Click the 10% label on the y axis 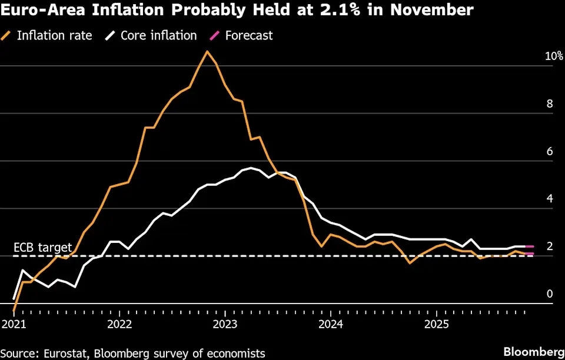click(x=554, y=56)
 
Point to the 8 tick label click(x=550, y=104)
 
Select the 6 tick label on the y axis click(x=550, y=151)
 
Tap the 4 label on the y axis click(x=550, y=199)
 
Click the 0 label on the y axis click(x=550, y=294)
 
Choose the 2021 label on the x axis click(x=14, y=324)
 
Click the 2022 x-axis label click(x=119, y=324)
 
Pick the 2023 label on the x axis click(x=225, y=324)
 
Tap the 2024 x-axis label click(x=331, y=324)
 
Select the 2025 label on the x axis click(x=437, y=324)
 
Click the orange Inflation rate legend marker click(x=6, y=36)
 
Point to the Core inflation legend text click(x=158, y=36)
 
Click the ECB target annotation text click(x=43, y=248)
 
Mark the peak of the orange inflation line click(x=207, y=52)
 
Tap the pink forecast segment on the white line click(x=529, y=246)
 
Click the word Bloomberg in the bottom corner click(x=534, y=352)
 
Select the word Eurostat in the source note click(x=67, y=353)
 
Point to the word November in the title click(x=431, y=10)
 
